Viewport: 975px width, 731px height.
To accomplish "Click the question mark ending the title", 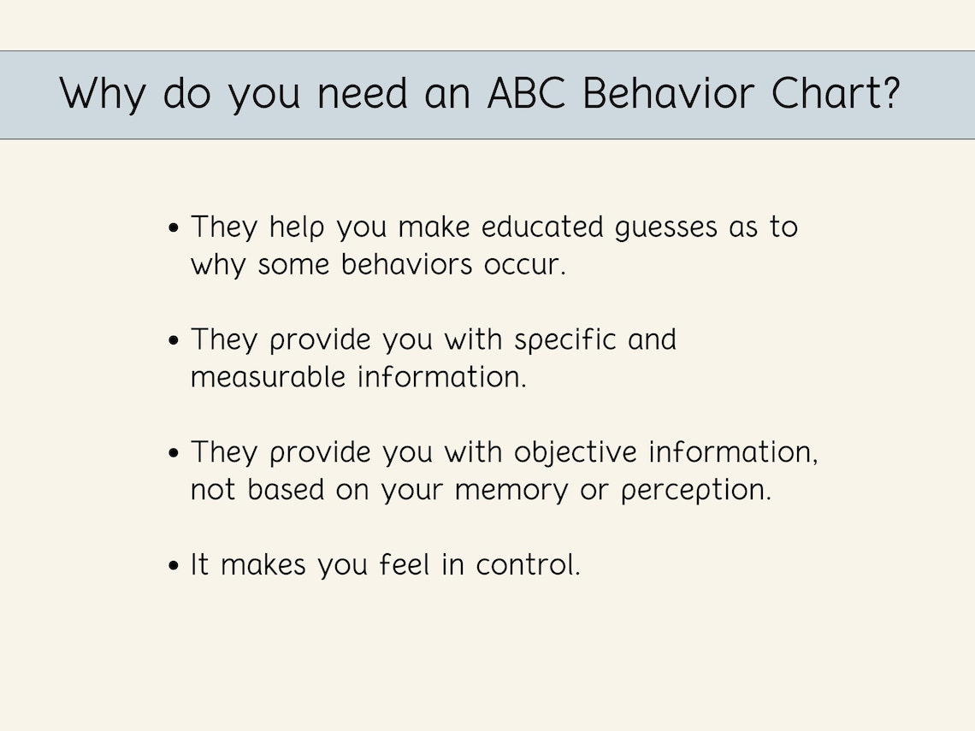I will (889, 94).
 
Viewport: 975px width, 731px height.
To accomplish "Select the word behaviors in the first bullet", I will (407, 265).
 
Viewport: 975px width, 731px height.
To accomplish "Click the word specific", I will (565, 340).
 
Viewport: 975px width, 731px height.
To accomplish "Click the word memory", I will (511, 491).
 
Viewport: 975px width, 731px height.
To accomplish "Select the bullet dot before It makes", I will (174, 566).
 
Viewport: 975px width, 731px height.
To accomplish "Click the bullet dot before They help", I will (174, 228).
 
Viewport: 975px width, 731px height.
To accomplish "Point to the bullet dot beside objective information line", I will (174, 453).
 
